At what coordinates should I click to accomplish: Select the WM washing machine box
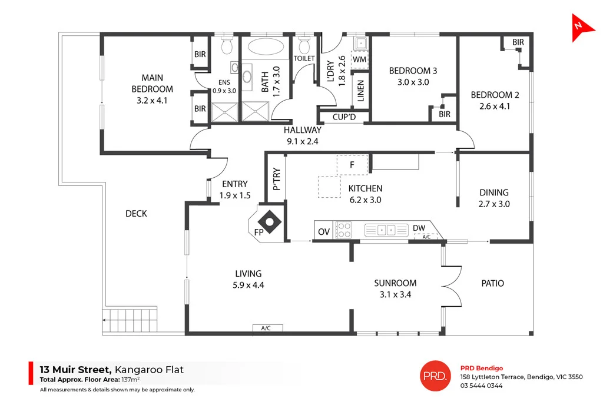coord(359,59)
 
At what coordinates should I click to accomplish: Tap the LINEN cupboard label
coord(360,91)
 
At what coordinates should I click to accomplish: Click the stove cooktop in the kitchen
coord(343,230)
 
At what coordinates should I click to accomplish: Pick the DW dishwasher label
coord(419,228)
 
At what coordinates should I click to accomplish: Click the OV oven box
coord(323,231)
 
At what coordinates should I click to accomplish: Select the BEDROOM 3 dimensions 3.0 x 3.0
coord(413,82)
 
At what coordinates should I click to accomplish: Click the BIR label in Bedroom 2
coord(518,42)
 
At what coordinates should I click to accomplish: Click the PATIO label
coord(492,283)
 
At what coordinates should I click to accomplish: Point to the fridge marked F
coord(352,165)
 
